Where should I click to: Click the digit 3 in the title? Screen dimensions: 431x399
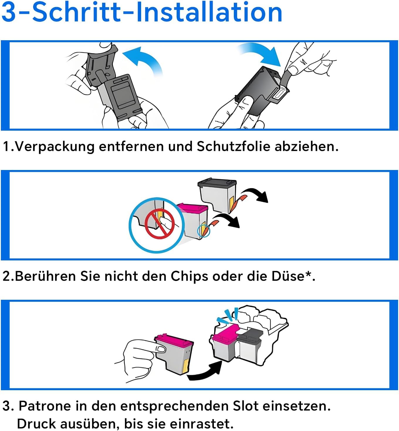tap(9, 12)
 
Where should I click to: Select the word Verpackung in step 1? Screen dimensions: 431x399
tap(55, 146)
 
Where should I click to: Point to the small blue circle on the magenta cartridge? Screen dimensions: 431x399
tap(204, 230)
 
